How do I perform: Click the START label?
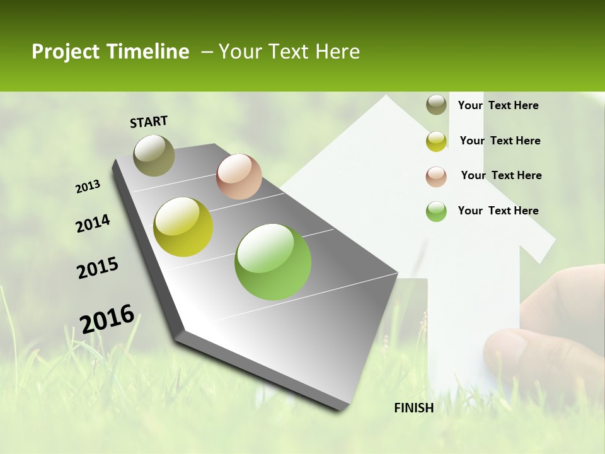149,122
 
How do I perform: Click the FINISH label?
414,408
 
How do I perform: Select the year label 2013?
88,187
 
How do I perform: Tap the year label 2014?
93,223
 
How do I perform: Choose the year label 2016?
107,318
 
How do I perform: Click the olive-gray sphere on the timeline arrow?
154,155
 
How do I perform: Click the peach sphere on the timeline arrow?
239,177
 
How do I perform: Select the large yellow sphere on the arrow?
183,227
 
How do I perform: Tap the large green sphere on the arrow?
273,262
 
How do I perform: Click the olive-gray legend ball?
436,105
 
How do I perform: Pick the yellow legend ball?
436,141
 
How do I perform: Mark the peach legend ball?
436,176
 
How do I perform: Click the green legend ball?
436,211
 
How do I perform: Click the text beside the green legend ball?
498,211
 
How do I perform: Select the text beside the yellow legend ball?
500,141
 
